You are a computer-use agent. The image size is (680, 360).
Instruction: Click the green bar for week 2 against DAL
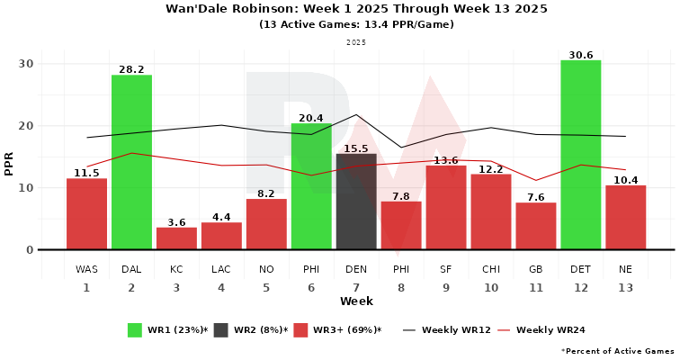131,162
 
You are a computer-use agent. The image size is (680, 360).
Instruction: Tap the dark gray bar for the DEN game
356,202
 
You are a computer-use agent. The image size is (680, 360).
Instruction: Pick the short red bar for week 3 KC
176,238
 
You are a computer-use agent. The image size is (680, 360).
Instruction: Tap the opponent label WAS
86,269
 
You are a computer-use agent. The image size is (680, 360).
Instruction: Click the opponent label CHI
491,269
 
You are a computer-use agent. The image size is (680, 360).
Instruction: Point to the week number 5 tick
266,288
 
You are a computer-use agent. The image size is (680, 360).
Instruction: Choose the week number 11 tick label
536,288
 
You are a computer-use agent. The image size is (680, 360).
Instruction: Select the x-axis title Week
356,301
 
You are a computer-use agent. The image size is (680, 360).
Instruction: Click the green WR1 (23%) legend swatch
135,330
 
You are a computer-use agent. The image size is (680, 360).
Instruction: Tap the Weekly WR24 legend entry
541,330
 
